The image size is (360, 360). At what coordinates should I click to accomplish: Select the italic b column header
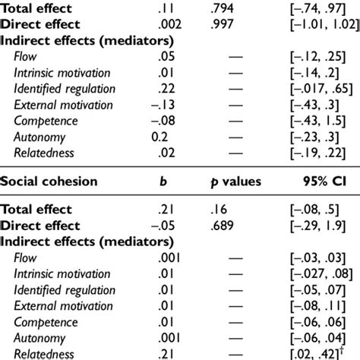coord(163,182)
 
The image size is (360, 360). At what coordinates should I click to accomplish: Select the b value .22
coord(159,90)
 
